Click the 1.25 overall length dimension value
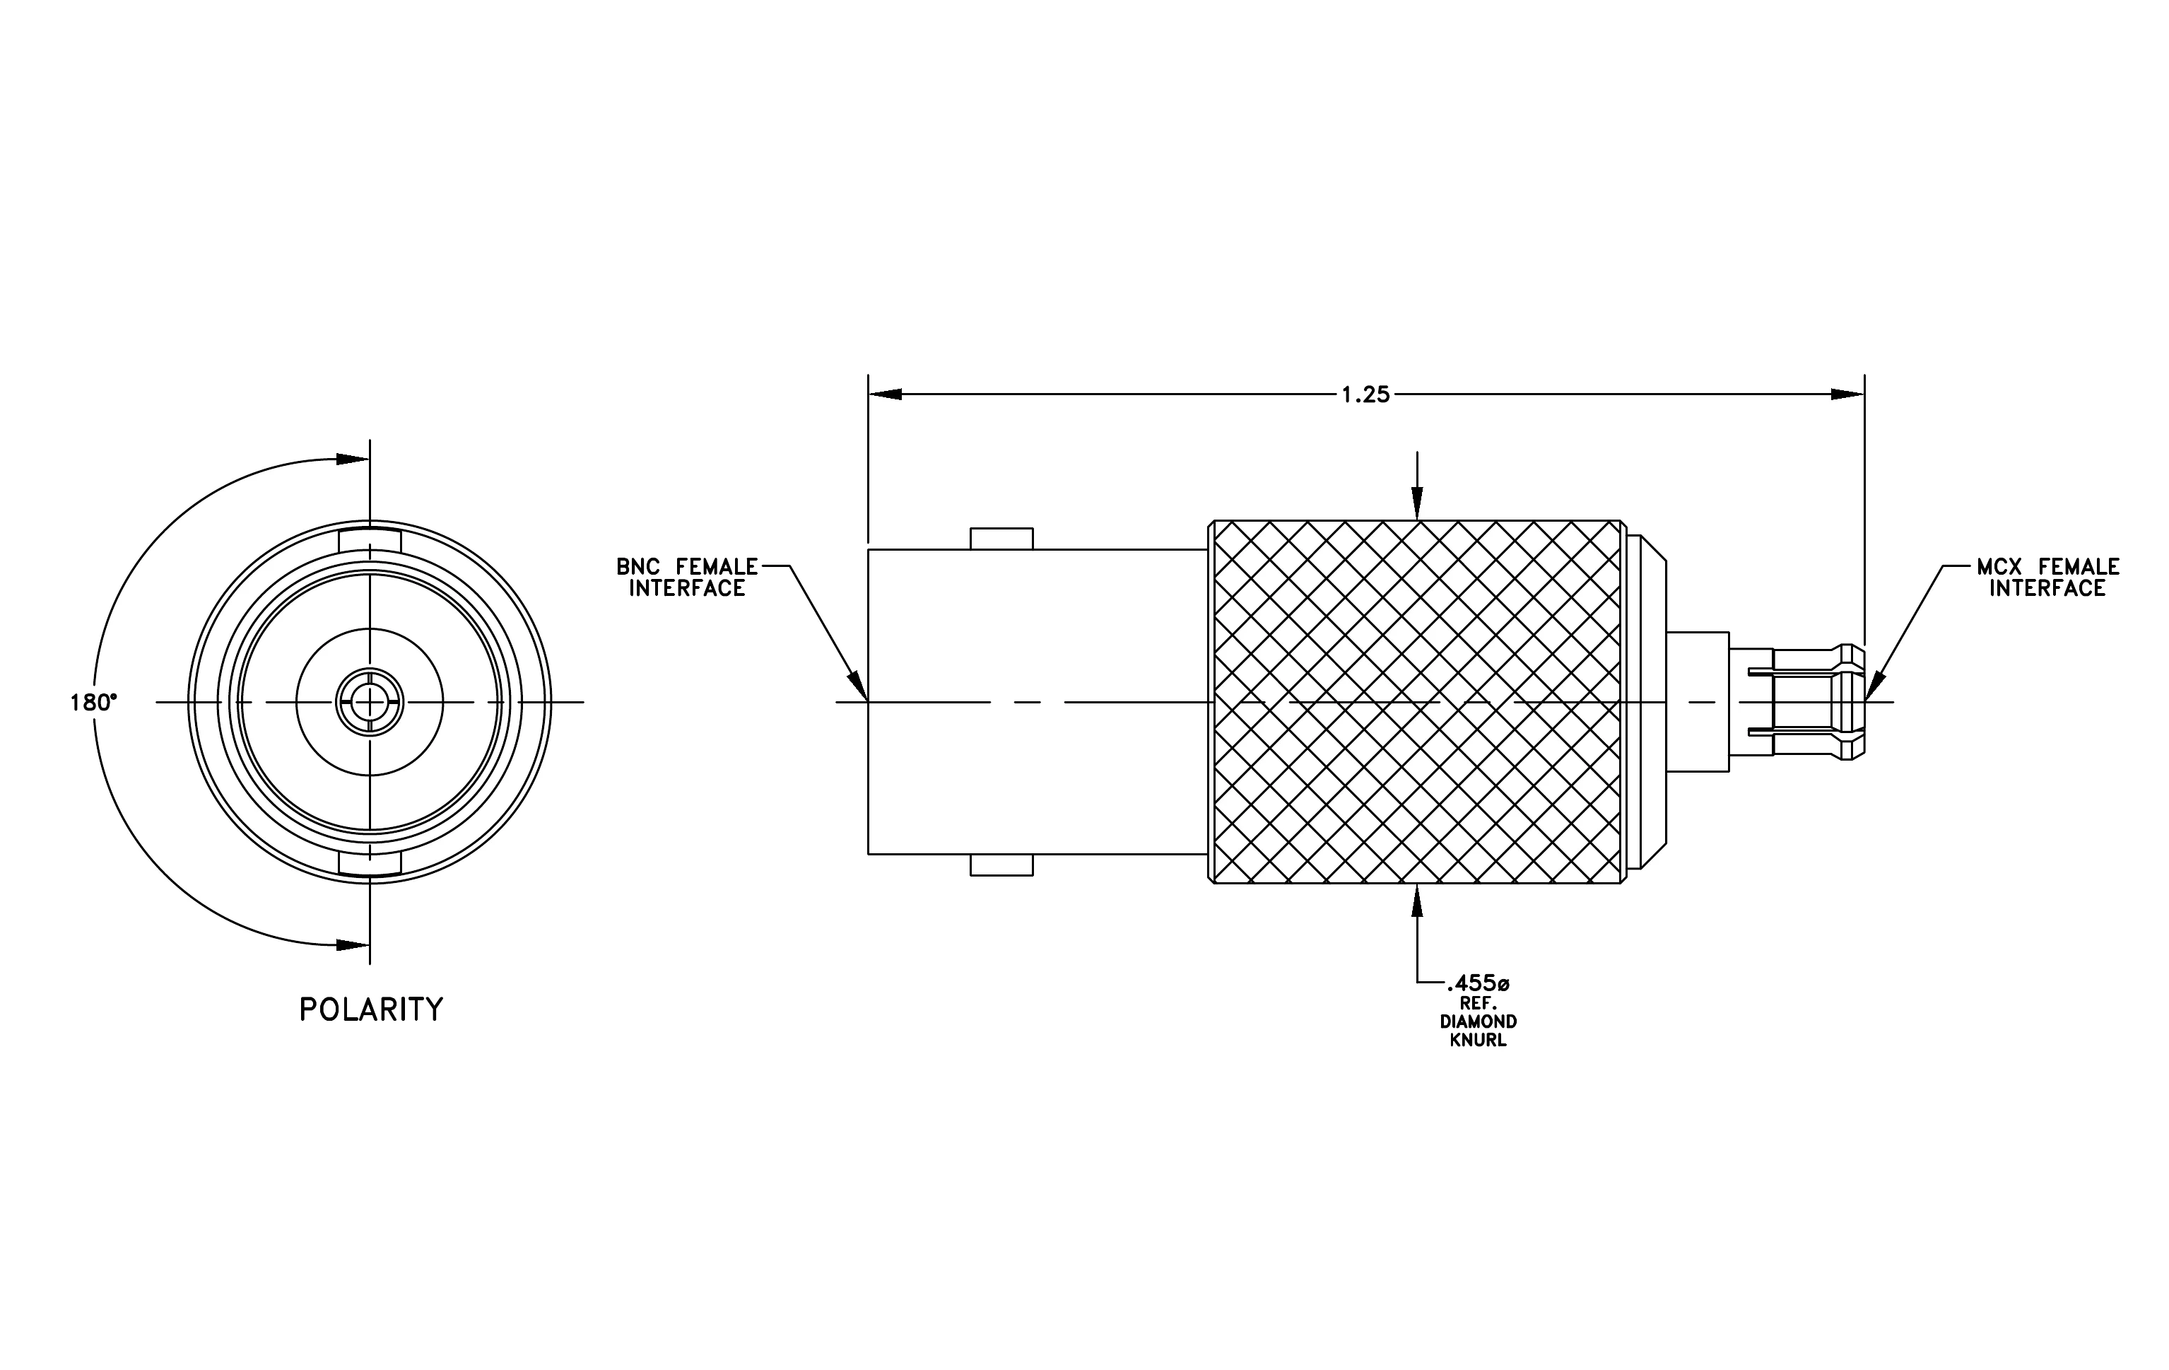1365,394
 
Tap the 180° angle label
94,703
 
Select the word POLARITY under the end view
371,1009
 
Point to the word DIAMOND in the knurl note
1478,1021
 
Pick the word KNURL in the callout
1478,1041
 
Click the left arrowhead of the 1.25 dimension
886,394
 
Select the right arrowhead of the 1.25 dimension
1847,394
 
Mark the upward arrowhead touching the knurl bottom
1417,901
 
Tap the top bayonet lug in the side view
1001,539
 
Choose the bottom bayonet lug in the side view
1001,865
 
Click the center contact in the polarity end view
370,702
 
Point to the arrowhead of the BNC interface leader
859,686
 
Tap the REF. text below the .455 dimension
1478,1003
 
